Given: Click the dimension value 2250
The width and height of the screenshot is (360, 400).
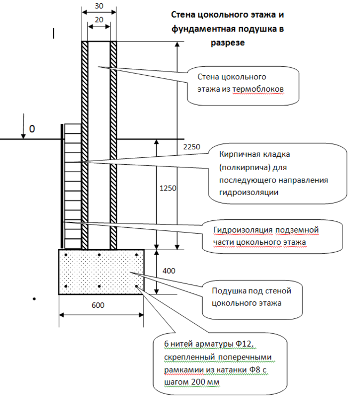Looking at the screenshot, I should click(190, 147).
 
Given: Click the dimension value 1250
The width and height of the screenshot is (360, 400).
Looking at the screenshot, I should click(167, 189).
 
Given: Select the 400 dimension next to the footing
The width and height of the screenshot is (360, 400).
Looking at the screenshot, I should click(168, 271).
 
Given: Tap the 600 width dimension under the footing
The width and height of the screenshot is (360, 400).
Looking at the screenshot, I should click(98, 306).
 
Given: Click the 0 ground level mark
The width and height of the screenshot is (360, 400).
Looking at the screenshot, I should click(32, 129).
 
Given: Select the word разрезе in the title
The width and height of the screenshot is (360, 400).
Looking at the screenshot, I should click(226, 43).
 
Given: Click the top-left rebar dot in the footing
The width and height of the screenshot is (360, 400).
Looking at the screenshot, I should click(65, 255).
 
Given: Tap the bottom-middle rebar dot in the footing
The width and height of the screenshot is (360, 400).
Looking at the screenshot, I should click(99, 287).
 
